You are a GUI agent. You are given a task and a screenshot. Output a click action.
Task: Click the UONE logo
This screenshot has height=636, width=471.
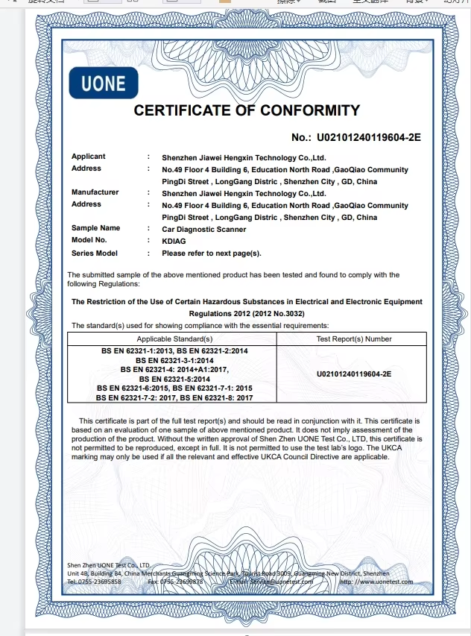click(104, 83)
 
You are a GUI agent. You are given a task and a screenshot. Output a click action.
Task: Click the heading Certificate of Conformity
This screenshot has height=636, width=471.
click(246, 111)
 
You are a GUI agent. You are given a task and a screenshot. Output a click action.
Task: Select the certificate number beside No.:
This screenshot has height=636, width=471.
click(369, 137)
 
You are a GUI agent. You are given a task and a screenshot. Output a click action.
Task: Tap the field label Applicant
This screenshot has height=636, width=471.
click(88, 157)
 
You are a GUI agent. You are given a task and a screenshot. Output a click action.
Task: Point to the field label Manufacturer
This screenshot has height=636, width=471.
click(95, 192)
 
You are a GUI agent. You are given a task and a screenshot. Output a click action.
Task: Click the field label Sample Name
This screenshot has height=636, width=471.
click(95, 228)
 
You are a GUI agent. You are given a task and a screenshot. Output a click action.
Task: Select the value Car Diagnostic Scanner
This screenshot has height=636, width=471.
click(203, 230)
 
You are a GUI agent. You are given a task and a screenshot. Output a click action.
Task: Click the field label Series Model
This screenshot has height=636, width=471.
click(95, 253)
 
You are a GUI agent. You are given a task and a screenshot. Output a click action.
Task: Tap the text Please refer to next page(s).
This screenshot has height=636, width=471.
click(212, 254)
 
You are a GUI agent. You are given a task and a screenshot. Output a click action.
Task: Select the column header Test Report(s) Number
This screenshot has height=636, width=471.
click(353, 339)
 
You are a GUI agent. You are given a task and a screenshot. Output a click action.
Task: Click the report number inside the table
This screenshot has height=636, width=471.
click(354, 373)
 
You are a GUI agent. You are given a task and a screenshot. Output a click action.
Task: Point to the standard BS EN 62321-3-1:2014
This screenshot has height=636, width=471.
click(173, 359)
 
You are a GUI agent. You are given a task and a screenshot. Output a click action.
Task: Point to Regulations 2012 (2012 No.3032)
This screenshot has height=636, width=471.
click(246, 314)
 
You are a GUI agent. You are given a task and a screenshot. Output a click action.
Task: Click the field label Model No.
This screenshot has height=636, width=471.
click(89, 240)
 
